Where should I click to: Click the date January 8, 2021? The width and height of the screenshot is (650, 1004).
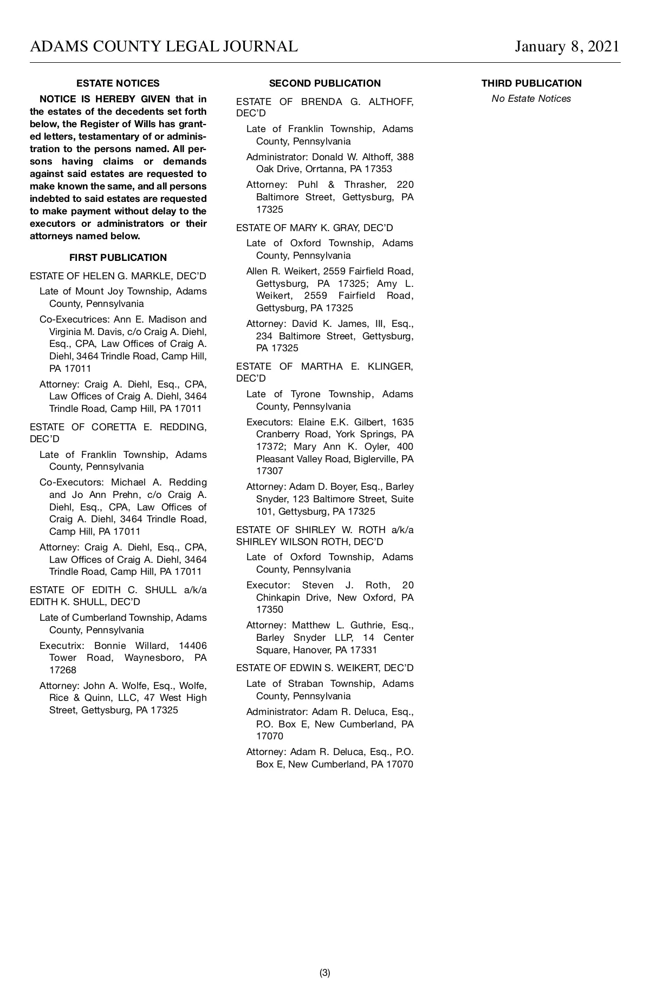pyautogui.click(x=567, y=47)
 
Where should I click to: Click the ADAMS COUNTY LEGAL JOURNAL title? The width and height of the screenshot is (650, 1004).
pyautogui.click(x=164, y=47)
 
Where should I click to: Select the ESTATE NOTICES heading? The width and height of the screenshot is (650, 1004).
pyautogui.click(x=118, y=83)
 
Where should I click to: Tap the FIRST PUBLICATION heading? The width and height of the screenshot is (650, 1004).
pyautogui.click(x=118, y=258)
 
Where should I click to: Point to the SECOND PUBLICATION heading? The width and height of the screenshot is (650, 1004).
pyautogui.click(x=324, y=83)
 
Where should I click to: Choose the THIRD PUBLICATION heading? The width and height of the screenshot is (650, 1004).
pyautogui.click(x=531, y=83)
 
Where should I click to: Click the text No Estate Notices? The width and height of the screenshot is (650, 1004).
pyautogui.click(x=531, y=99)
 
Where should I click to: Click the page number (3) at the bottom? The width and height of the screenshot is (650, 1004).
pyautogui.click(x=324, y=973)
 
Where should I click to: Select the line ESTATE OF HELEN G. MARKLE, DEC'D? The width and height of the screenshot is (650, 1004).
pyautogui.click(x=118, y=276)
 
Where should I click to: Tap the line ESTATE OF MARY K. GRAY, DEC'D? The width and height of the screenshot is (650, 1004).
pyautogui.click(x=314, y=228)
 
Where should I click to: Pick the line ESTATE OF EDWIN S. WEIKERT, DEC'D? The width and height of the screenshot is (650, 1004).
pyautogui.click(x=324, y=668)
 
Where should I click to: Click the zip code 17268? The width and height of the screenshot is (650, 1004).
pyautogui.click(x=63, y=670)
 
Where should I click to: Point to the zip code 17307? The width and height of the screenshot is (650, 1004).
pyautogui.click(x=269, y=471)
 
